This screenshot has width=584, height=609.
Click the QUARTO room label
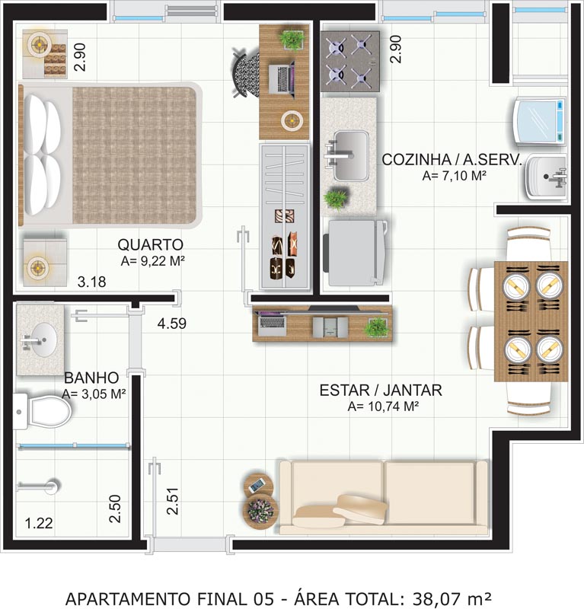point(150,244)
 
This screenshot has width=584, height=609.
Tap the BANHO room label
point(91,378)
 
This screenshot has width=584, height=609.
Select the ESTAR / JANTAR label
point(381,391)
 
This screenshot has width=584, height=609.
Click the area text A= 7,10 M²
point(455,176)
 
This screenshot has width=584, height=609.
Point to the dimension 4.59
point(172,323)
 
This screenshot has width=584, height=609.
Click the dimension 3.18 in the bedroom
point(91,282)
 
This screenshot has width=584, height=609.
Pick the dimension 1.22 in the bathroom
point(39,523)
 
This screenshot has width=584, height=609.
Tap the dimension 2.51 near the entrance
point(172,501)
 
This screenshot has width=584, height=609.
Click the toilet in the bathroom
point(42,411)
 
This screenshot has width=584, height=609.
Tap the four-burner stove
point(349,62)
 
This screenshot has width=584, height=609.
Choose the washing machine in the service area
point(540,122)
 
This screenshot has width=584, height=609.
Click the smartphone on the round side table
point(257,485)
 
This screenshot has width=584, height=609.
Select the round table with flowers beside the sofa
point(260,511)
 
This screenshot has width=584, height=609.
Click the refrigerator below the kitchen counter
point(354,253)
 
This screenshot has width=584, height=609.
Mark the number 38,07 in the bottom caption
point(438,598)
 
